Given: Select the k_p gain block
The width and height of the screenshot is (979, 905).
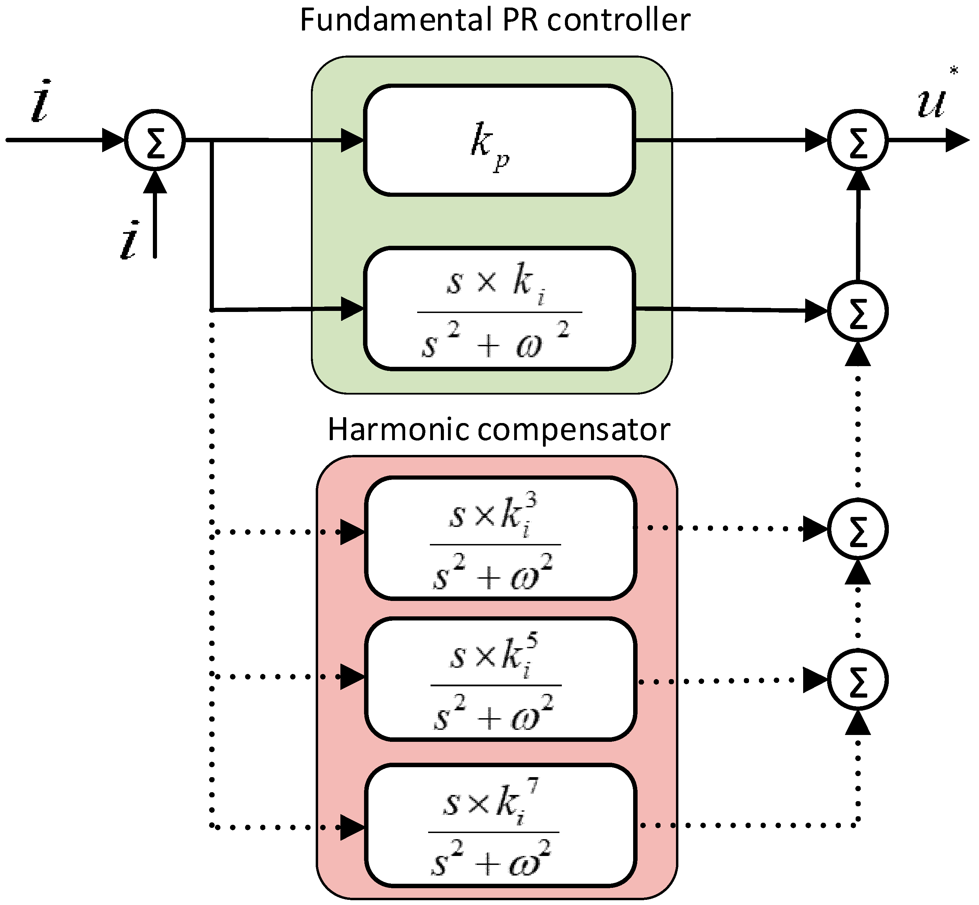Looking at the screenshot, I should pyautogui.click(x=499, y=141).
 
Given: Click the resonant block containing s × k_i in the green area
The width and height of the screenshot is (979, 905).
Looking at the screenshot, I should pyautogui.click(x=499, y=309).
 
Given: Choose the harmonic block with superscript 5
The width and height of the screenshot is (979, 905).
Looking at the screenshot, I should pyautogui.click(x=500, y=679).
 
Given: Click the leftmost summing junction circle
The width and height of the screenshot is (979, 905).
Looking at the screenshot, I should pyautogui.click(x=155, y=140).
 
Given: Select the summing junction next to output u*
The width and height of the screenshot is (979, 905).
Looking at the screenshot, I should pyautogui.click(x=858, y=140).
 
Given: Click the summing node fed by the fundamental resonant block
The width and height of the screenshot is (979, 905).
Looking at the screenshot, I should pyautogui.click(x=858, y=311).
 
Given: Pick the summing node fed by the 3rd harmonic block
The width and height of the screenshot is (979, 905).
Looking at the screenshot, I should pyautogui.click(x=858, y=529).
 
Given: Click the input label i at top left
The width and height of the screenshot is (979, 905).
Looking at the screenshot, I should pyautogui.click(x=40, y=102).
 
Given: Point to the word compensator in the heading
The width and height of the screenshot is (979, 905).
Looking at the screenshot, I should pyautogui.click(x=573, y=430).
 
